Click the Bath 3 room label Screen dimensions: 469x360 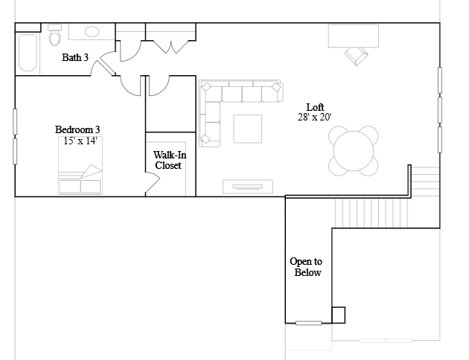[75, 57]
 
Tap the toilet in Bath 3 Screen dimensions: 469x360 [55, 35]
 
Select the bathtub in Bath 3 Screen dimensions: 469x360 [28, 53]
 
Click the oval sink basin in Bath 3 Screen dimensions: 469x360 [92, 31]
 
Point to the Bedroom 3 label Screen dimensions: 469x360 [77, 129]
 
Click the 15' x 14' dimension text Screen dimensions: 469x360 [80, 141]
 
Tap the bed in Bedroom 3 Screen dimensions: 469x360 [80, 165]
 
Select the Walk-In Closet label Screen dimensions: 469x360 [169, 160]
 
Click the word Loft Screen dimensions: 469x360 [315, 107]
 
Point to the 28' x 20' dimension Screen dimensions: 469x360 [315, 117]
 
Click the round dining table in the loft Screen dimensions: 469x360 [354, 151]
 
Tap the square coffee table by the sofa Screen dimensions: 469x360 [248, 129]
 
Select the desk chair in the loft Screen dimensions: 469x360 [357, 56]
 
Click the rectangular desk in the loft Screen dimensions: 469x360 [354, 36]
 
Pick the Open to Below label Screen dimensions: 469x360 [306, 267]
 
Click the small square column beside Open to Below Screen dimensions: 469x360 [338, 315]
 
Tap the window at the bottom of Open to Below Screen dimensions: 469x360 [308, 323]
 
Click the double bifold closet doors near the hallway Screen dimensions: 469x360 [171, 47]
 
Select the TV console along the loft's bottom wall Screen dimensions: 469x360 [248, 187]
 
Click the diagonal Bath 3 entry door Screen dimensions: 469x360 [106, 68]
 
